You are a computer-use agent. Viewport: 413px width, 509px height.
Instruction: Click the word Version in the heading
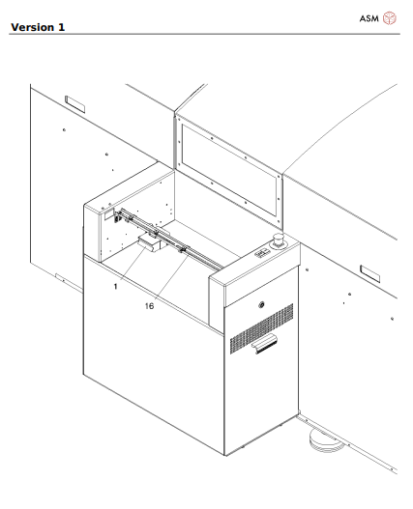pos(33,27)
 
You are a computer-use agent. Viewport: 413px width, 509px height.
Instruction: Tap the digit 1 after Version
pos(62,27)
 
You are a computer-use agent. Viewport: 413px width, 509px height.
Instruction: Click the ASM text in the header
pos(369,18)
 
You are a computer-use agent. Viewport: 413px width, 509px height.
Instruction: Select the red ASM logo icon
pos(389,18)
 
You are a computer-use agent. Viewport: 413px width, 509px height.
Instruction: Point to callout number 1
pos(115,287)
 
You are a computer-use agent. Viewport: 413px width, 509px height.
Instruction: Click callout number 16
pos(149,306)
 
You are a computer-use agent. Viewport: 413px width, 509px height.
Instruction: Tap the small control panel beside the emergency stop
pos(262,253)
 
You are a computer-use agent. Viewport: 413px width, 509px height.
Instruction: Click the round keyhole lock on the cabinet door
pos(261,305)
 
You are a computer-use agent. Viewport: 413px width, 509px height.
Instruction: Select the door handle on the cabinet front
pos(266,344)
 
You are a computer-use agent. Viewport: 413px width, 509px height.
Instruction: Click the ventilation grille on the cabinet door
pos(262,328)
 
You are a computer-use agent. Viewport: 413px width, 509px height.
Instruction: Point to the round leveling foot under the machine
pos(326,440)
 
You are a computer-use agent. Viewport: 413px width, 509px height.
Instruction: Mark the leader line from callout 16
pos(172,276)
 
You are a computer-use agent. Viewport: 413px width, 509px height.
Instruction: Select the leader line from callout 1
pos(133,263)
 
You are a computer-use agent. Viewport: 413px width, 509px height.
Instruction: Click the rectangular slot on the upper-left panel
pos(75,104)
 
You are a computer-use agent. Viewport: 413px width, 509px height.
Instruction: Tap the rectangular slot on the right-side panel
pos(370,274)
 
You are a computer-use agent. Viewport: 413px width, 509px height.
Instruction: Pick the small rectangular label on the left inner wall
pos(109,214)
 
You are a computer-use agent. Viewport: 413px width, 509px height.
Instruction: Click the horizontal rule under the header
pos(204,34)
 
